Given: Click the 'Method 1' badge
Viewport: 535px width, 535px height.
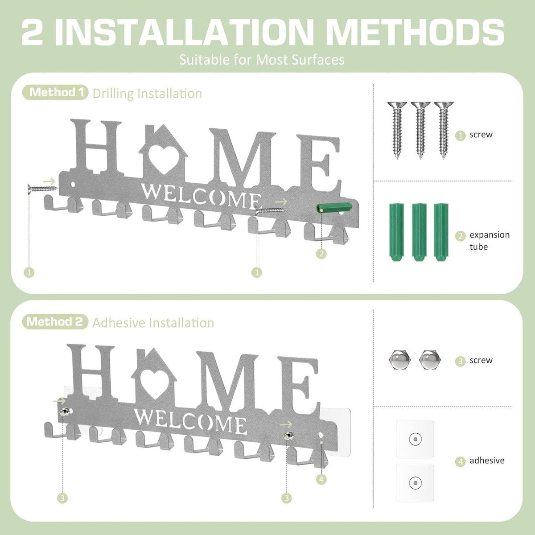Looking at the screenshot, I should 56,93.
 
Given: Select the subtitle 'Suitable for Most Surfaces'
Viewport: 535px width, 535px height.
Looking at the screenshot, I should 262,60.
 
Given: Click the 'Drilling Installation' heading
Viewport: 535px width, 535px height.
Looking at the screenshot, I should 147,94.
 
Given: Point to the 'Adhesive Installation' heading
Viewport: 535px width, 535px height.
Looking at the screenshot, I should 153,323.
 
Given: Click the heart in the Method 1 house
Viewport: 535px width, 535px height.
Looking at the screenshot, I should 162,158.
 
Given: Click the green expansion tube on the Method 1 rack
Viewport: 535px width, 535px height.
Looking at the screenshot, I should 333,208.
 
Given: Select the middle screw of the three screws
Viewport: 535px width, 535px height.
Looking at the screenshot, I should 420,129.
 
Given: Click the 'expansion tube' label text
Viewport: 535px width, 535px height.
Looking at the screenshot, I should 489,241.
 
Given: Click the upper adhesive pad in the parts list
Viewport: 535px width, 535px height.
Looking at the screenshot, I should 415,439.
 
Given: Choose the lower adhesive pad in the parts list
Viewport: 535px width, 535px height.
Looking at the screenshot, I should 415,482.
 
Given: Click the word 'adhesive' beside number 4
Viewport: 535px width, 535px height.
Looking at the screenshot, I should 487,461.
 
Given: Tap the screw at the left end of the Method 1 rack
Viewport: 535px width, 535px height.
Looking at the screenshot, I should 42,189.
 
